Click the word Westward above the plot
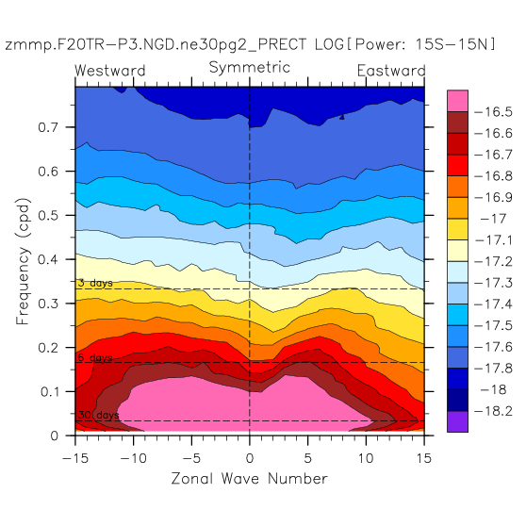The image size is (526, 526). pyautogui.click(x=110, y=71)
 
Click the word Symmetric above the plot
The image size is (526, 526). pyautogui.click(x=249, y=68)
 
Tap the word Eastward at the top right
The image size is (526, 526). pyautogui.click(x=391, y=71)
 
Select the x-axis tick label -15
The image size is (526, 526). pyautogui.click(x=75, y=458)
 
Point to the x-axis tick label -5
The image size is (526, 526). pyautogui.click(x=191, y=458)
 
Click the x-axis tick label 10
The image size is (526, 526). pyautogui.click(x=366, y=458)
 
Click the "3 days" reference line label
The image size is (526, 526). pyautogui.click(x=95, y=283)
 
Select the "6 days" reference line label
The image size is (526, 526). pyautogui.click(x=95, y=358)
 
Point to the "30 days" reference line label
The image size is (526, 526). pyautogui.click(x=98, y=416)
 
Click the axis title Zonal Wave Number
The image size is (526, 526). pyautogui.click(x=249, y=479)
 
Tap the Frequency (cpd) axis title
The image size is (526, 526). pyautogui.click(x=24, y=261)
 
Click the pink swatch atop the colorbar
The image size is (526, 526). pyautogui.click(x=457, y=101)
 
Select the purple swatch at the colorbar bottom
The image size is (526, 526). pyautogui.click(x=457, y=421)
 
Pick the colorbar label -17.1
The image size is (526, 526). pyautogui.click(x=493, y=240)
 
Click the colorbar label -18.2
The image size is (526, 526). pyautogui.click(x=493, y=411)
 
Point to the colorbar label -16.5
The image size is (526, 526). pyautogui.click(x=493, y=112)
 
